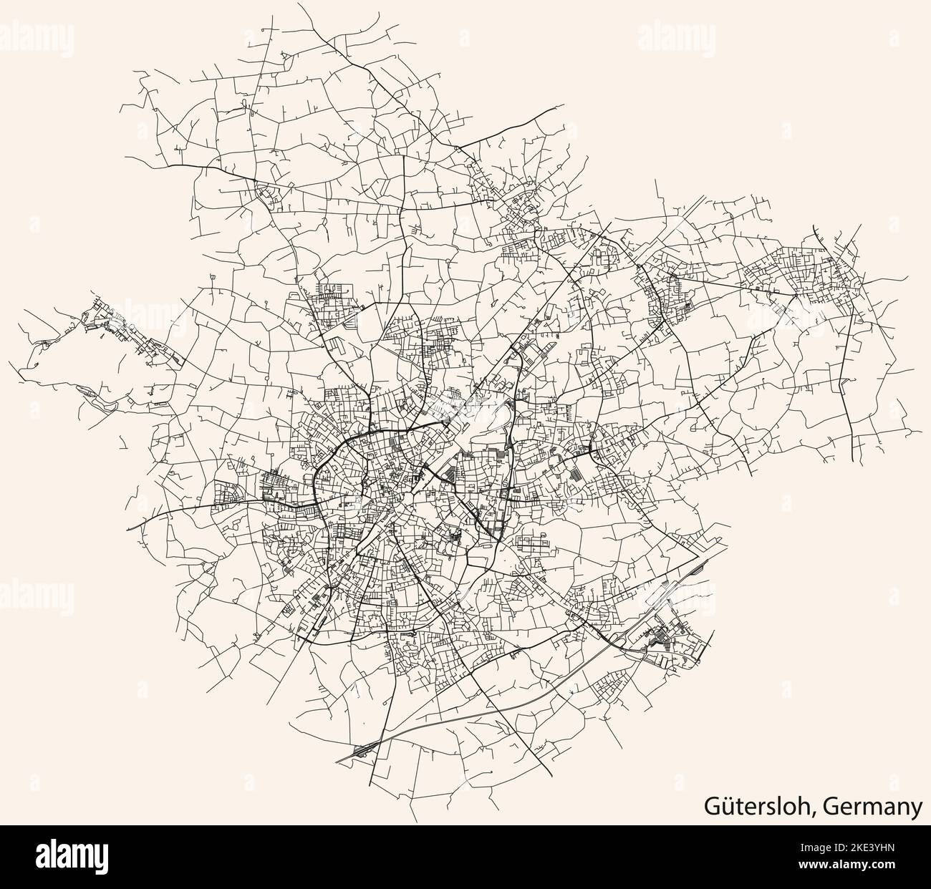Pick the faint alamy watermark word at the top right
coord(672,32)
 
